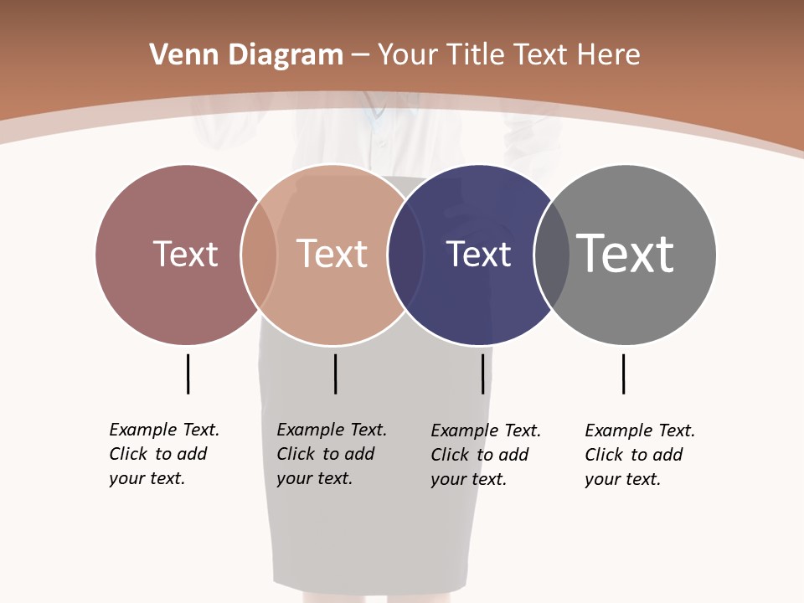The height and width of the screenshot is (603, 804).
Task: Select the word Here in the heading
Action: pyautogui.click(x=609, y=55)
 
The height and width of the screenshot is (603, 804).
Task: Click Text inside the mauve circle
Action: pyautogui.click(x=185, y=254)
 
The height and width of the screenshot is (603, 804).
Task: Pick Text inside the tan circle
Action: pyautogui.click(x=332, y=254)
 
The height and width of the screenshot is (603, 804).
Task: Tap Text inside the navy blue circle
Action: pyautogui.click(x=478, y=254)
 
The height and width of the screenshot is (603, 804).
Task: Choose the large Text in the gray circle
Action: pyautogui.click(x=626, y=253)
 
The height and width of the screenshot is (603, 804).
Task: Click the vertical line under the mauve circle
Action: pyautogui.click(x=188, y=374)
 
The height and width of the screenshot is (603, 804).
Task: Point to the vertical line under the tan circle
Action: pyautogui.click(x=335, y=374)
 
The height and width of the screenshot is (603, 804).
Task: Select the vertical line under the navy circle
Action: pyautogui.click(x=482, y=374)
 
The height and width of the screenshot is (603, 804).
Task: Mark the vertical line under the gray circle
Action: pyautogui.click(x=623, y=374)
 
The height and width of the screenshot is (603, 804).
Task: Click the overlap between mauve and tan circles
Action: pyautogui.click(x=259, y=254)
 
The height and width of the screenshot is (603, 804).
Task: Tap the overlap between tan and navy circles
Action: pyautogui.click(x=406, y=254)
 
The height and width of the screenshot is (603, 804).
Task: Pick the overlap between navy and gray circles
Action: pyautogui.click(x=551, y=254)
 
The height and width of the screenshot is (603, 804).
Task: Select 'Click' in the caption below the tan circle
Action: pyautogui.click(x=296, y=454)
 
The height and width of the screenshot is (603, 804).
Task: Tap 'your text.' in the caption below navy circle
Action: pyautogui.click(x=468, y=479)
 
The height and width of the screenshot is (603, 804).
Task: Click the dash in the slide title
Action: pyautogui.click(x=360, y=55)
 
